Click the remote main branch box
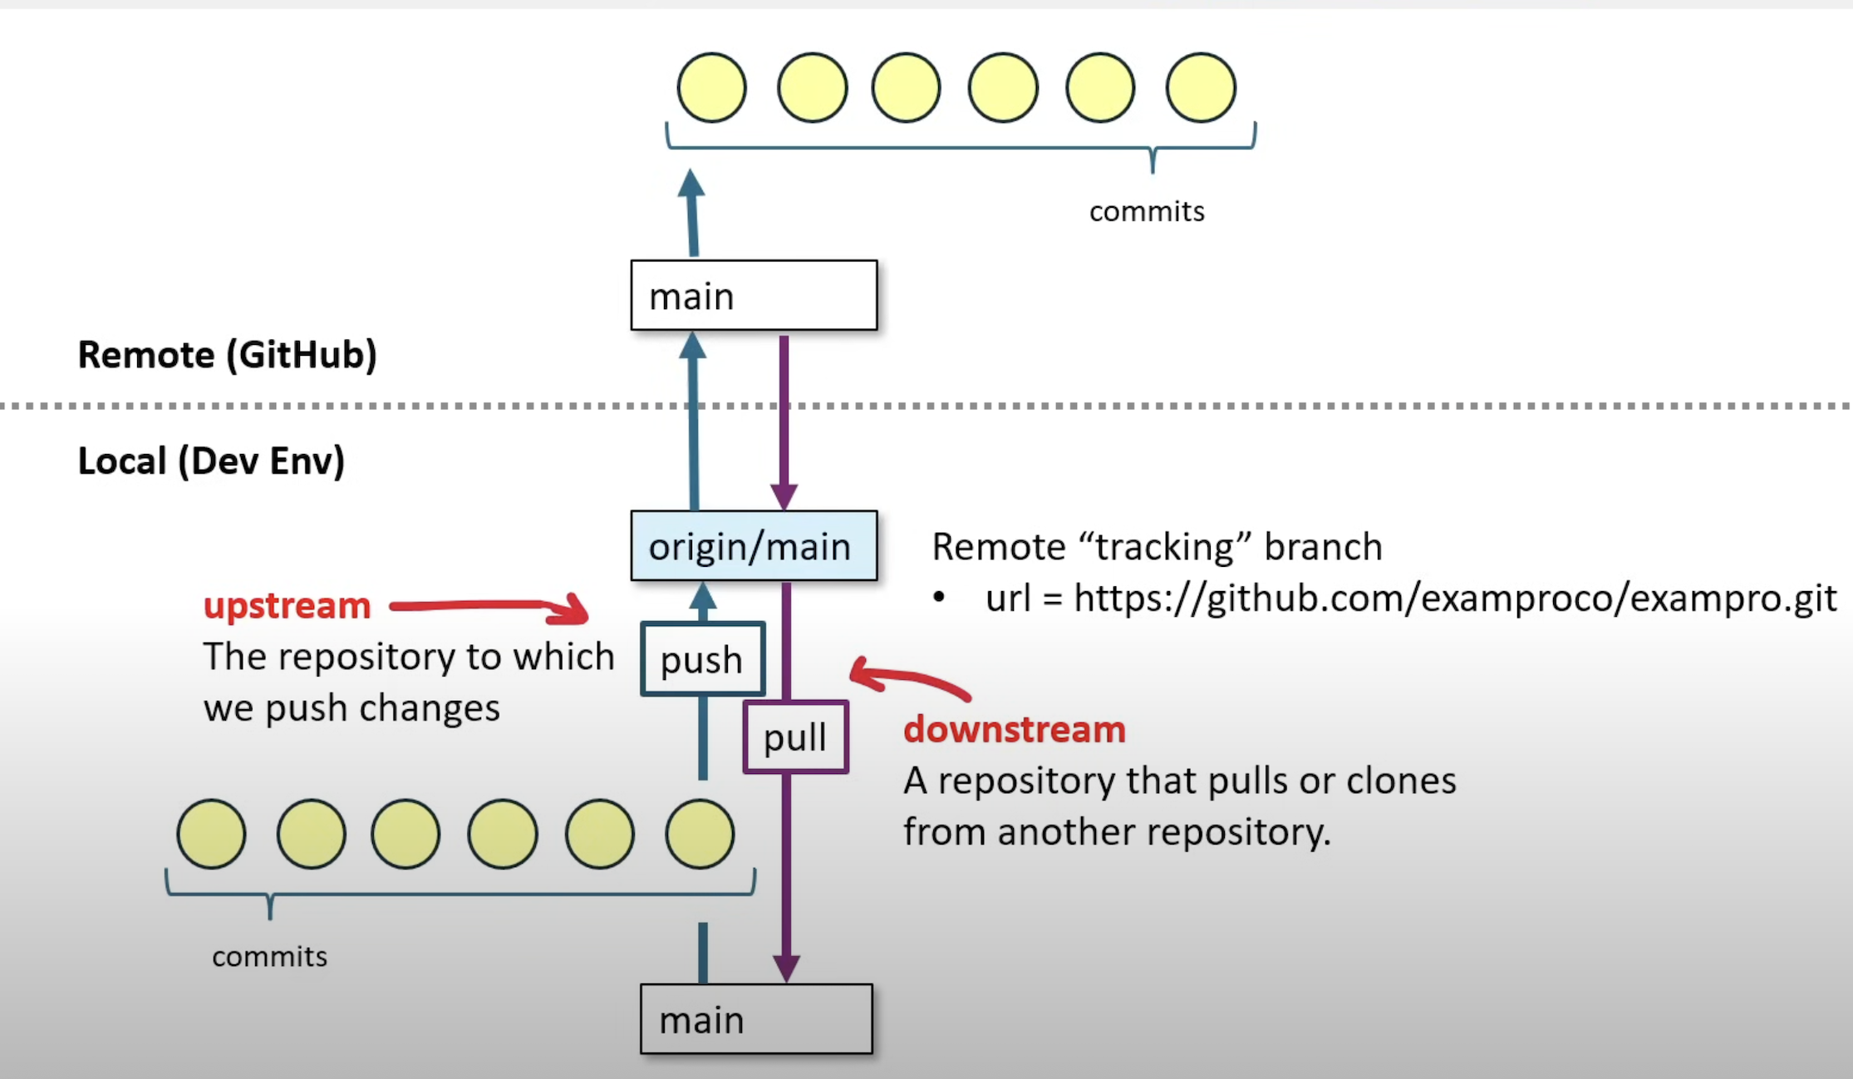[754, 296]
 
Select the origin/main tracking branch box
[754, 546]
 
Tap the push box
[702, 659]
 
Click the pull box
[795, 737]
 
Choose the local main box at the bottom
[756, 1019]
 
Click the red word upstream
[287, 605]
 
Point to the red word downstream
[1015, 729]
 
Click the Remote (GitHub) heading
[227, 355]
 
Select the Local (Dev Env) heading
[211, 461]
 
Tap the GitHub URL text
[1454, 598]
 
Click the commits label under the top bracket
[1147, 211]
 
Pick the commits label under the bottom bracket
[269, 956]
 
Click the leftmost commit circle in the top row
[711, 87]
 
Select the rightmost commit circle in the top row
[1201, 87]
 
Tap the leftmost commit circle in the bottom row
[211, 834]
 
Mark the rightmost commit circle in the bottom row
[700, 834]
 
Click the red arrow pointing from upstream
[490, 607]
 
